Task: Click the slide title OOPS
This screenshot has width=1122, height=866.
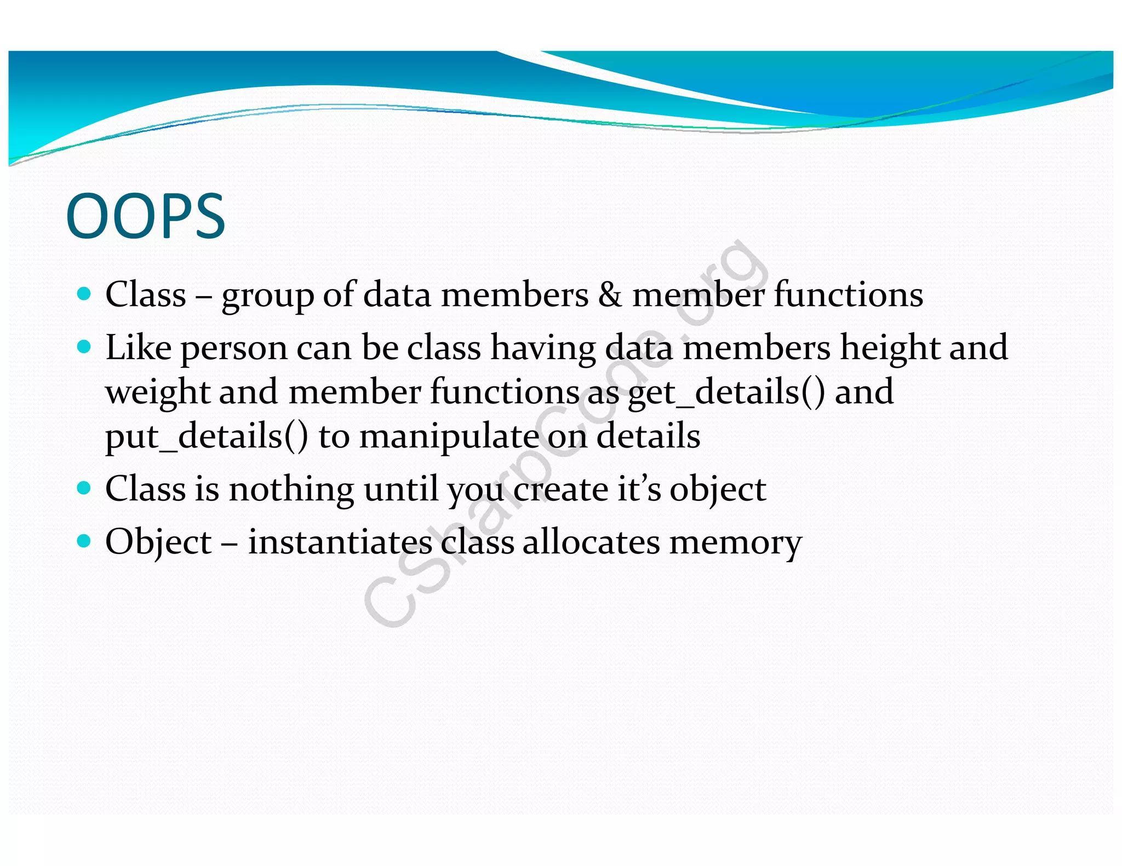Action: [x=145, y=217]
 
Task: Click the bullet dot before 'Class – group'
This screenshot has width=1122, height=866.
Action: [x=84, y=294]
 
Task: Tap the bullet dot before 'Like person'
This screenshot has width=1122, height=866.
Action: [x=84, y=347]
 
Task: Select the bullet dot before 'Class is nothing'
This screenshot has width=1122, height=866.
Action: [x=84, y=488]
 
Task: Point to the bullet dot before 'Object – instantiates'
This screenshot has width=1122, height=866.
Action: [x=84, y=541]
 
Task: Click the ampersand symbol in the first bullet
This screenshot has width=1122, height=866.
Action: [x=610, y=295]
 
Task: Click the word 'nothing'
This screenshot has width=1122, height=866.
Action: [x=291, y=489]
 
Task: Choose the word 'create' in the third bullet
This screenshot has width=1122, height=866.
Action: [x=560, y=489]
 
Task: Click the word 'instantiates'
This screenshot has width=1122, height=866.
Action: [x=340, y=542]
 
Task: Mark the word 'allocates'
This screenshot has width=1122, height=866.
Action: [x=591, y=542]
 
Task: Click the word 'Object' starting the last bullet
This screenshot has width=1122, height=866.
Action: [x=158, y=542]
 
